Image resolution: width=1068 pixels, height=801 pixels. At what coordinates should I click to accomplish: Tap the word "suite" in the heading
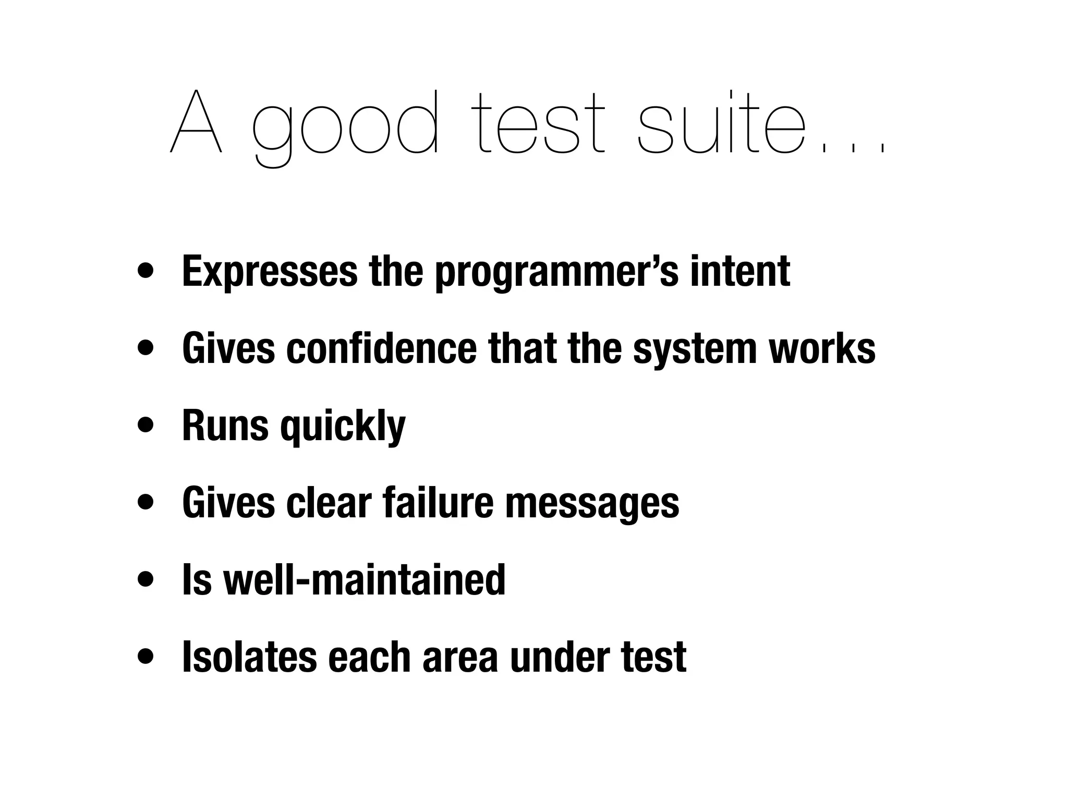point(722,123)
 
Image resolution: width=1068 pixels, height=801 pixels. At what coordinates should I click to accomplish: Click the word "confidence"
point(381,348)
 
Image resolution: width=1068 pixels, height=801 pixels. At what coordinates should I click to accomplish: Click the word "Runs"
point(225,425)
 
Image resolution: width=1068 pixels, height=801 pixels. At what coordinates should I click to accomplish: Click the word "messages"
point(592,503)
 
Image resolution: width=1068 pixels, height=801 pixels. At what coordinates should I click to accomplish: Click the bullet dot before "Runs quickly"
point(146,425)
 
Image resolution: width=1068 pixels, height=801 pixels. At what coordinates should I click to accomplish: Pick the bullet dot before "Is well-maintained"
point(146,579)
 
